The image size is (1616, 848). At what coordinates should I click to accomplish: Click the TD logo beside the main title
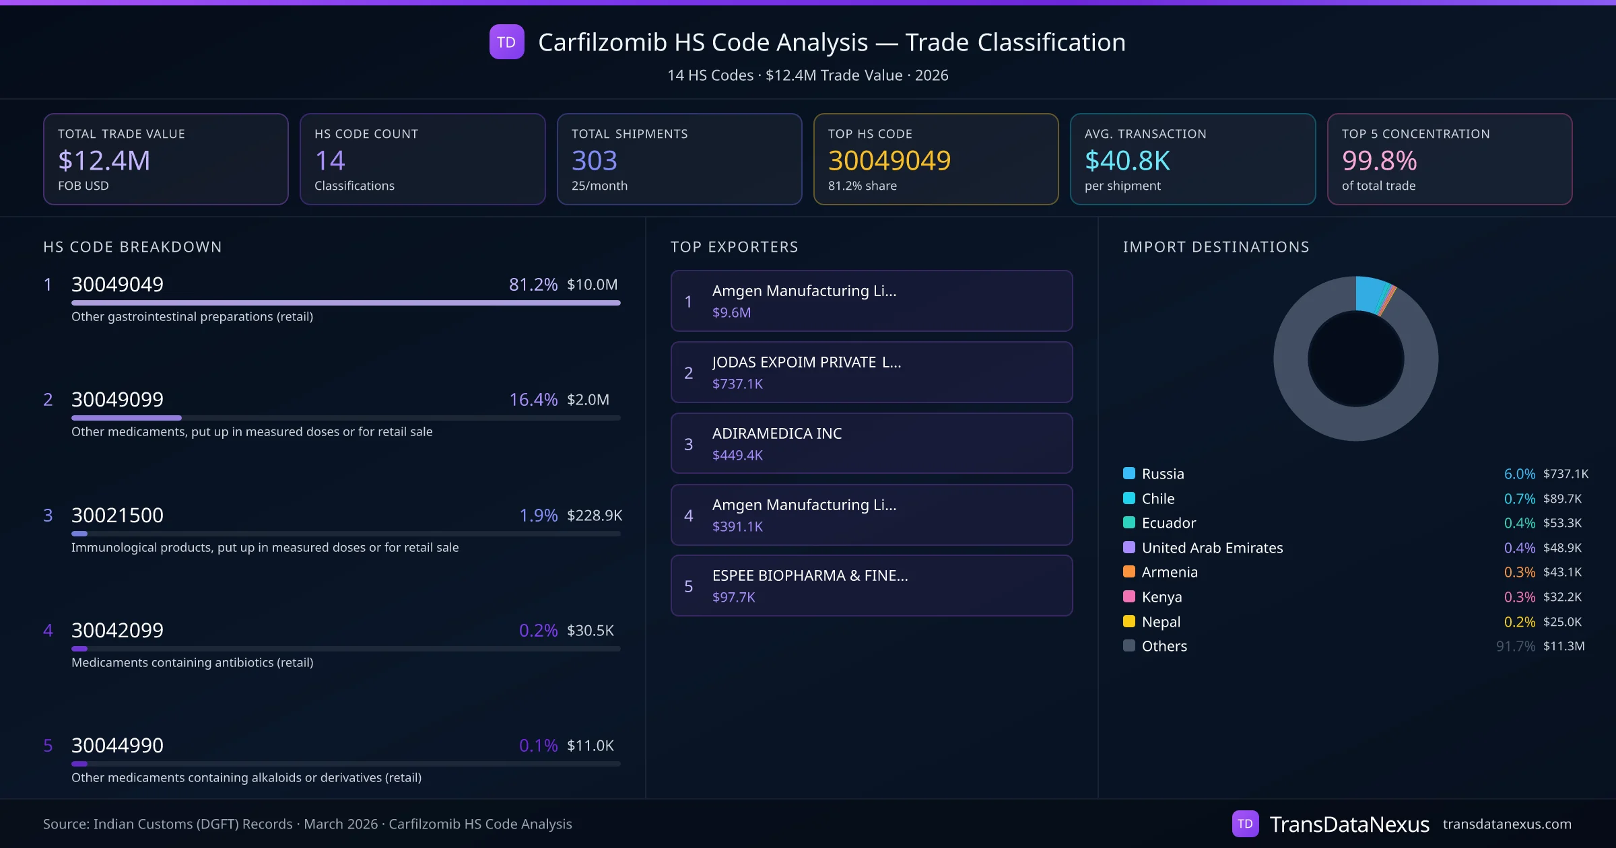pos(506,42)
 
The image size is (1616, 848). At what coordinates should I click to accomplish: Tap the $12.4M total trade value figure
pos(104,161)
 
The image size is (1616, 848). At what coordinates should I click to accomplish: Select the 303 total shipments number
pos(594,161)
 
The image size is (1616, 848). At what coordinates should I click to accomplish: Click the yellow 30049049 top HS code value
pos(889,161)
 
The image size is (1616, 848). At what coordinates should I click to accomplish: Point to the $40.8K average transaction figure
pos(1127,161)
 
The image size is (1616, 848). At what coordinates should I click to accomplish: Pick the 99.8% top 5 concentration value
pos(1379,161)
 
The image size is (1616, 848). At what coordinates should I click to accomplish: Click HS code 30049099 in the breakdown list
pos(117,400)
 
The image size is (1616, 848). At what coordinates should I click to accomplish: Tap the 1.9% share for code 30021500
pos(538,516)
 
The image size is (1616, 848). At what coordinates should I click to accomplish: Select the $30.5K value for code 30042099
pos(590,631)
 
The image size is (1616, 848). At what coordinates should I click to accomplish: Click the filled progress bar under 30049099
pos(127,418)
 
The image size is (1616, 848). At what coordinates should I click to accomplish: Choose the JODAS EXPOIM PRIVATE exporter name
pos(806,362)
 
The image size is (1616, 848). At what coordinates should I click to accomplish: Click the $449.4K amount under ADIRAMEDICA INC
pos(737,456)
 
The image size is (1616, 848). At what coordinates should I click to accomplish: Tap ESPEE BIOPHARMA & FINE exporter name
pos(809,575)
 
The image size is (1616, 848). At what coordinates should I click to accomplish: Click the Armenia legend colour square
pos(1129,572)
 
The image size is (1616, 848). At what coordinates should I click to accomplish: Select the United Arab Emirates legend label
pos(1212,548)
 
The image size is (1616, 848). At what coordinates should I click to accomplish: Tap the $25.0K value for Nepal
pos(1562,622)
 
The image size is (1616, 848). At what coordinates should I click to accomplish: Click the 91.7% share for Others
pos(1515,646)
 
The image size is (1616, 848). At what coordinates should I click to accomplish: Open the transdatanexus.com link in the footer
pos(1507,824)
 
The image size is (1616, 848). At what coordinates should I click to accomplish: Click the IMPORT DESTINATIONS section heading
pos(1216,247)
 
